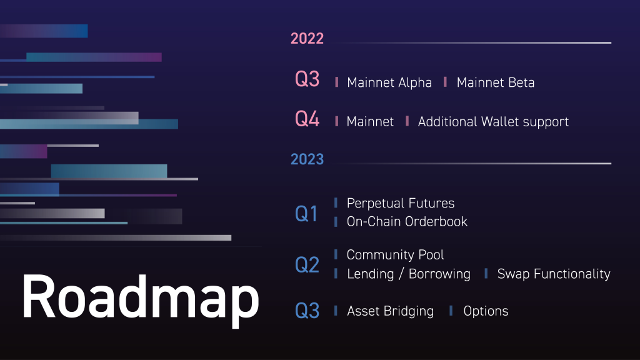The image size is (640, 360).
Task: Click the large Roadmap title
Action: point(140,297)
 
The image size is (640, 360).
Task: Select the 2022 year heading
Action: point(307,39)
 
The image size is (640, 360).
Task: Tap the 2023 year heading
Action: point(307,159)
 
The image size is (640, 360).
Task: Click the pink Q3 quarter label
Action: point(307,80)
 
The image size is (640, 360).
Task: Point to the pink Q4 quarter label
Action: point(307,119)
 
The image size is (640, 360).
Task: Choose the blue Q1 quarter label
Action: point(306,214)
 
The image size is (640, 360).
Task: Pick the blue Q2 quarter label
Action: point(307,265)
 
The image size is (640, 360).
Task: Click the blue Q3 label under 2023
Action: point(307,311)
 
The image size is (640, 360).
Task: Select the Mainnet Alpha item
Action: point(389,82)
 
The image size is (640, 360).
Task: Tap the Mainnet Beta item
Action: point(496,82)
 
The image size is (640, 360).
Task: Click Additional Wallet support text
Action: point(493,122)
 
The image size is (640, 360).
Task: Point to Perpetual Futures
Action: point(401,203)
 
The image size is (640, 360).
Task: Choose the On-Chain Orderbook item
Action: point(407,221)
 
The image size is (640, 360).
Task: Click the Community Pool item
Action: point(396,255)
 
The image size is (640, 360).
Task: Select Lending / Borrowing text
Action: point(409,274)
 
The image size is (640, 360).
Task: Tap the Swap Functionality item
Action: point(554,274)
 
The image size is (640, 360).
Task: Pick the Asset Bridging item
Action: point(390,311)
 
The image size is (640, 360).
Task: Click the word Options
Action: point(486,311)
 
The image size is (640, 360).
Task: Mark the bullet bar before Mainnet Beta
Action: point(445,82)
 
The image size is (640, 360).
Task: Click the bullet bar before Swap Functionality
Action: point(486,273)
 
